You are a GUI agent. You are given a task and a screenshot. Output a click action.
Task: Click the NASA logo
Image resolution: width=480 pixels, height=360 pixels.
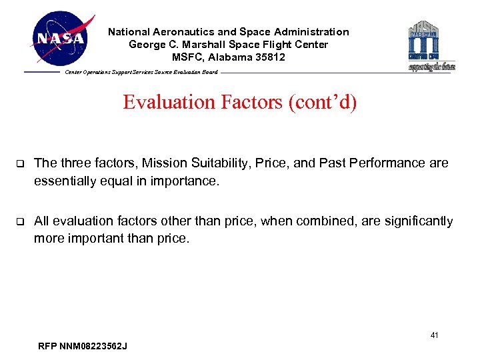61,39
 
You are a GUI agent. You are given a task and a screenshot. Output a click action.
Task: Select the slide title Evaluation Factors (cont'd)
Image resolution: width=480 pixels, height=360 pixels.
239,103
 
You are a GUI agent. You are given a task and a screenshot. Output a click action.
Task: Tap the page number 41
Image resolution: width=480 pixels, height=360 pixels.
434,335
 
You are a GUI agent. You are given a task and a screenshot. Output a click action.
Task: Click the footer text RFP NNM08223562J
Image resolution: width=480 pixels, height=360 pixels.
83,346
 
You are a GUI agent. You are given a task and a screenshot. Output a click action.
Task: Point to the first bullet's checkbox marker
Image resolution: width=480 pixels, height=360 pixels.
19,163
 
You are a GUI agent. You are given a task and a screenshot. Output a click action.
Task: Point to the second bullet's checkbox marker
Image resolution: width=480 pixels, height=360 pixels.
19,222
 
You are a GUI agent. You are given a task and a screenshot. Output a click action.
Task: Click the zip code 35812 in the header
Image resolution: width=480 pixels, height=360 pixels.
269,57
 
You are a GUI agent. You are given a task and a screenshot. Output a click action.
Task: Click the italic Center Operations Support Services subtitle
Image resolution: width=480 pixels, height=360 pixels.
141,72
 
